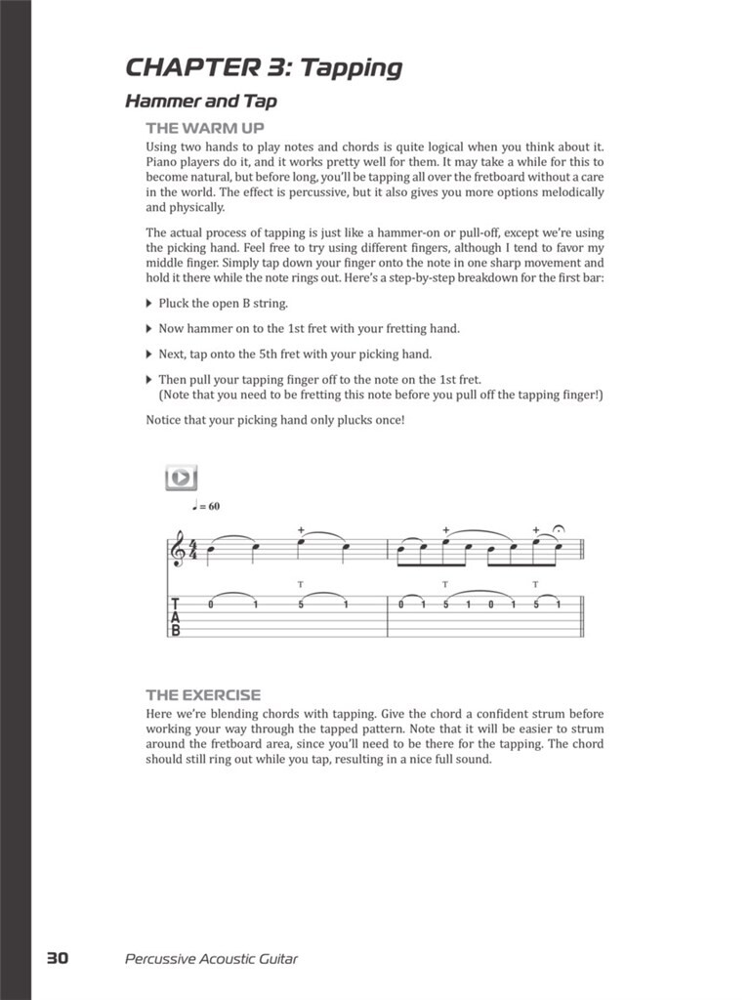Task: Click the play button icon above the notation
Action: pyautogui.click(x=181, y=478)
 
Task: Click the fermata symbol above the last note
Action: pyautogui.click(x=558, y=530)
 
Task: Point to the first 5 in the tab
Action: pyautogui.click(x=302, y=604)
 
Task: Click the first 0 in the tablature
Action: pyautogui.click(x=211, y=604)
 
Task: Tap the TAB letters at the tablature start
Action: pyautogui.click(x=176, y=617)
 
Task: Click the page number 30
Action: pyautogui.click(x=58, y=958)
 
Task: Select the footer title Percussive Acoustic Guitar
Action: pyautogui.click(x=211, y=958)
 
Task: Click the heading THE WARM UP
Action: pyautogui.click(x=205, y=128)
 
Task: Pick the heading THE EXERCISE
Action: pyautogui.click(x=203, y=695)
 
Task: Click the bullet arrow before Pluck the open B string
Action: pyautogui.click(x=149, y=303)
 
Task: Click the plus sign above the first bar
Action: pyautogui.click(x=302, y=530)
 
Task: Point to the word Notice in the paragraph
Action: pyautogui.click(x=164, y=420)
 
